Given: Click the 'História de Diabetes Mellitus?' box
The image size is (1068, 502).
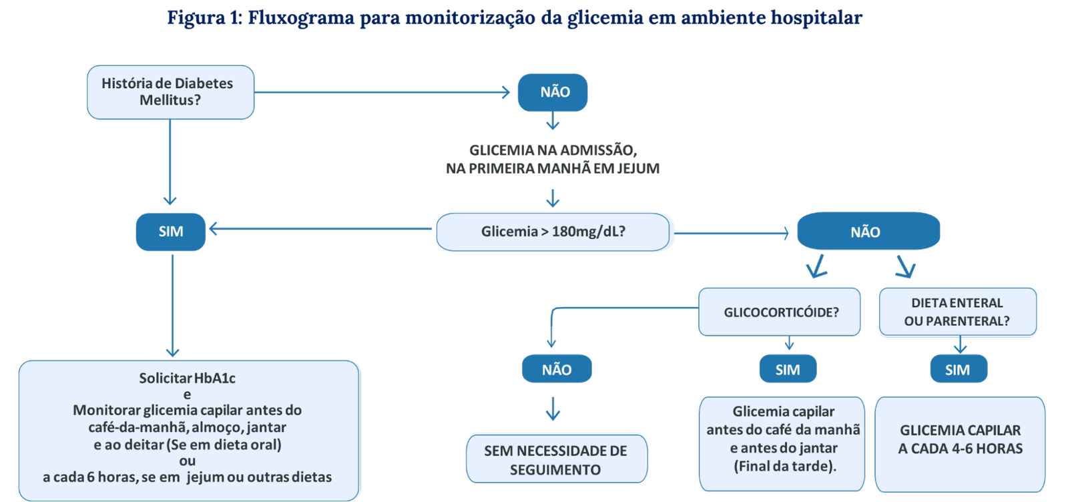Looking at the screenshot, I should (x=170, y=92).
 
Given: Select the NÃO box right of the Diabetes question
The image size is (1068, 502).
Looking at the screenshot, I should (x=553, y=92).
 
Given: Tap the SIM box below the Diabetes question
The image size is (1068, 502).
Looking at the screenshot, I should (x=171, y=232).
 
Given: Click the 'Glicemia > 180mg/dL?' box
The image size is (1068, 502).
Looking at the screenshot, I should (x=553, y=232).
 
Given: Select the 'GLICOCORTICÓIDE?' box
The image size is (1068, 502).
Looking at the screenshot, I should (x=780, y=312).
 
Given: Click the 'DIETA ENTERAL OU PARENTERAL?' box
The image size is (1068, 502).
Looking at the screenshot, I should (x=957, y=312).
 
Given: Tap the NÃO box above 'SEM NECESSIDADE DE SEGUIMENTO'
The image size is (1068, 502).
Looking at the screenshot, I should (x=557, y=369).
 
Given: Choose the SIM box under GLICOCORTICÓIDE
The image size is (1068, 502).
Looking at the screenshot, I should (x=788, y=369).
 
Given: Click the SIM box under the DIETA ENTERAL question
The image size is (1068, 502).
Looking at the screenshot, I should (x=958, y=369).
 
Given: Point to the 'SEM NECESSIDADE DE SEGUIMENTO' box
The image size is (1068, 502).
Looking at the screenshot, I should (x=556, y=459).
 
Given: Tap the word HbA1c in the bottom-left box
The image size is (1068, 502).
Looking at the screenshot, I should (x=215, y=379).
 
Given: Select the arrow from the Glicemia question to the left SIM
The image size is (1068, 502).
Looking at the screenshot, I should (x=320, y=229).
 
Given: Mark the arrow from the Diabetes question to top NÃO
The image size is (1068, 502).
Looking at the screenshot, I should (x=380, y=92).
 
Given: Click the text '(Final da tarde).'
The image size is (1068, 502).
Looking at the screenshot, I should (x=784, y=467).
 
